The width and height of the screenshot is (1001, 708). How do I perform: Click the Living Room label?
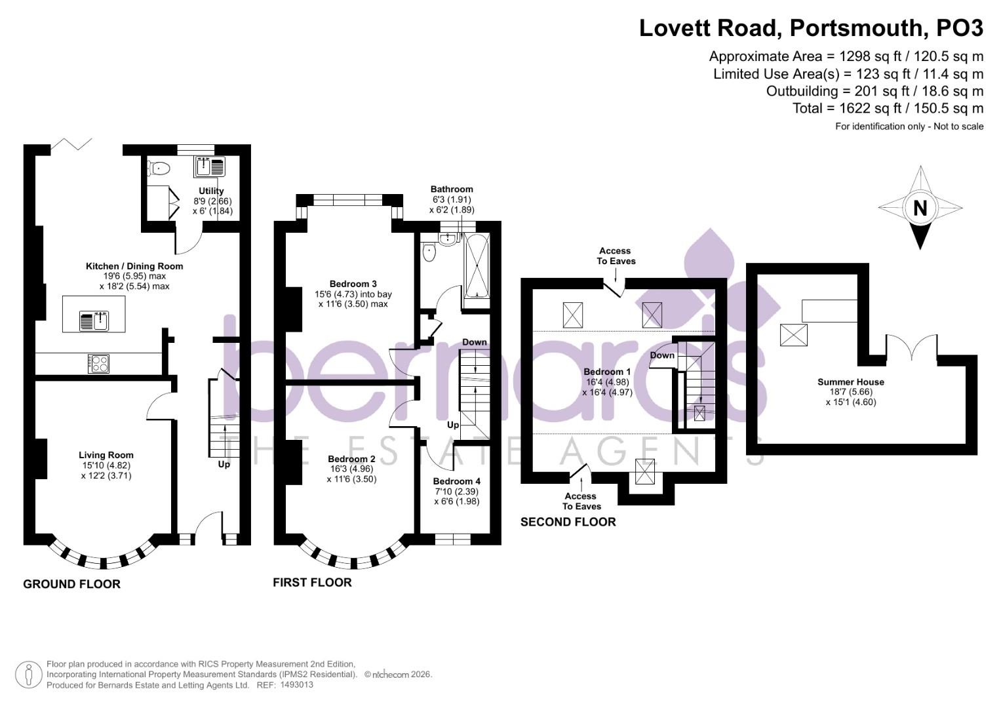106,455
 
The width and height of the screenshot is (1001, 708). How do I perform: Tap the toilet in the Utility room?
158,168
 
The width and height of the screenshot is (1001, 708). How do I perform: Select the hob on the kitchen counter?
99,363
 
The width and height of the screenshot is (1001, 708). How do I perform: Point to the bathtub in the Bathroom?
477,265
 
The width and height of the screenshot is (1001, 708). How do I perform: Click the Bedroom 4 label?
457,481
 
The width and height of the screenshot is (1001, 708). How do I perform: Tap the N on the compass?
920,208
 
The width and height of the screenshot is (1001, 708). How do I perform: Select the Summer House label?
851,382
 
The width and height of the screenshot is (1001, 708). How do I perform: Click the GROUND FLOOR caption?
72,584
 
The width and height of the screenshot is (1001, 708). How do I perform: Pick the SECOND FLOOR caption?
568,522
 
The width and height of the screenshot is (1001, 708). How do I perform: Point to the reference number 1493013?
296,685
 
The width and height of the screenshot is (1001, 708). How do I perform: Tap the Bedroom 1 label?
607,372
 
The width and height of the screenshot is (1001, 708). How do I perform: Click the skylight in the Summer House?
794,335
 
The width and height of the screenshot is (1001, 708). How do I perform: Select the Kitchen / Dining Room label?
134,266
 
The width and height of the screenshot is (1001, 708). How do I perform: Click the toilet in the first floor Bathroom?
429,252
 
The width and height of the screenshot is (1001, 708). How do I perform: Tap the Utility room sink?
210,167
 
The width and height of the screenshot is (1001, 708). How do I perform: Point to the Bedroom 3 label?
353,284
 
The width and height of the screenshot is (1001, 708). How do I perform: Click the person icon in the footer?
29,675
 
